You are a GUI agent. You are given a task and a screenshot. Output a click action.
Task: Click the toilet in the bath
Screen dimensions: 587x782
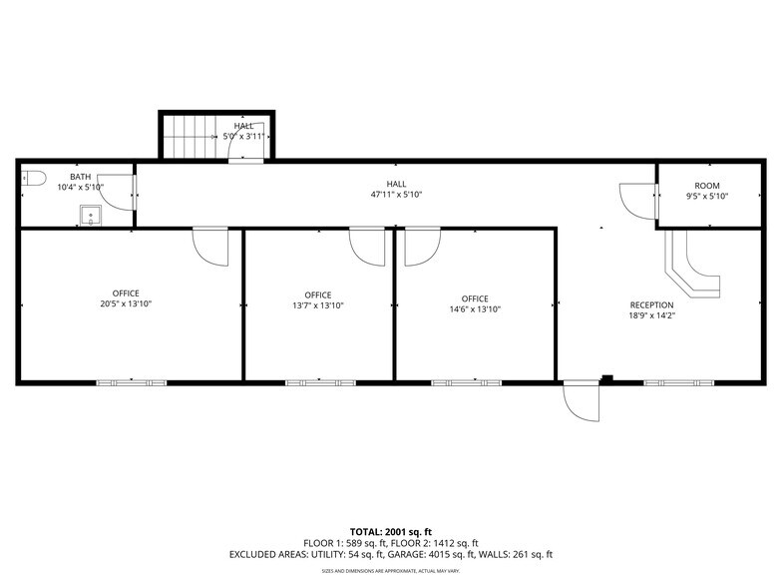point(34,179)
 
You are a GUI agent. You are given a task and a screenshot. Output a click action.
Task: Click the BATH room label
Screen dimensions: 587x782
point(80,176)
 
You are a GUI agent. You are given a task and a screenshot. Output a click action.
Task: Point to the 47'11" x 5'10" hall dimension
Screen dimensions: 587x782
point(397,195)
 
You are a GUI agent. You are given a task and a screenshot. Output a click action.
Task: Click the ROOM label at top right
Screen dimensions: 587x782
point(707,186)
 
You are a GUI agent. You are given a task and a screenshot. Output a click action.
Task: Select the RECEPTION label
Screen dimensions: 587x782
point(651,305)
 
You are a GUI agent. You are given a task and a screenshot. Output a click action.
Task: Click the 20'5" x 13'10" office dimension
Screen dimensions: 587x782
point(126,303)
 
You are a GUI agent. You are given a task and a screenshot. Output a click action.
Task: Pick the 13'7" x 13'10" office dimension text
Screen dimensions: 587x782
point(318,305)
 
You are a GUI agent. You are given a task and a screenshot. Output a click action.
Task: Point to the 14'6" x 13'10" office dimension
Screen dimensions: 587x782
point(475,309)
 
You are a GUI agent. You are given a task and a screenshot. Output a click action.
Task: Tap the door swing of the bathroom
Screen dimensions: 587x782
point(118,193)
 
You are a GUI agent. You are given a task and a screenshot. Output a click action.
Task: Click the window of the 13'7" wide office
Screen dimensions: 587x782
point(320,382)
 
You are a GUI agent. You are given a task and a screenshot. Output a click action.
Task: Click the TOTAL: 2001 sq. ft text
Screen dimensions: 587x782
point(390,531)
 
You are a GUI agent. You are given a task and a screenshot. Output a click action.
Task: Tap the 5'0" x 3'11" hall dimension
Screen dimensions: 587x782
point(244,136)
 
